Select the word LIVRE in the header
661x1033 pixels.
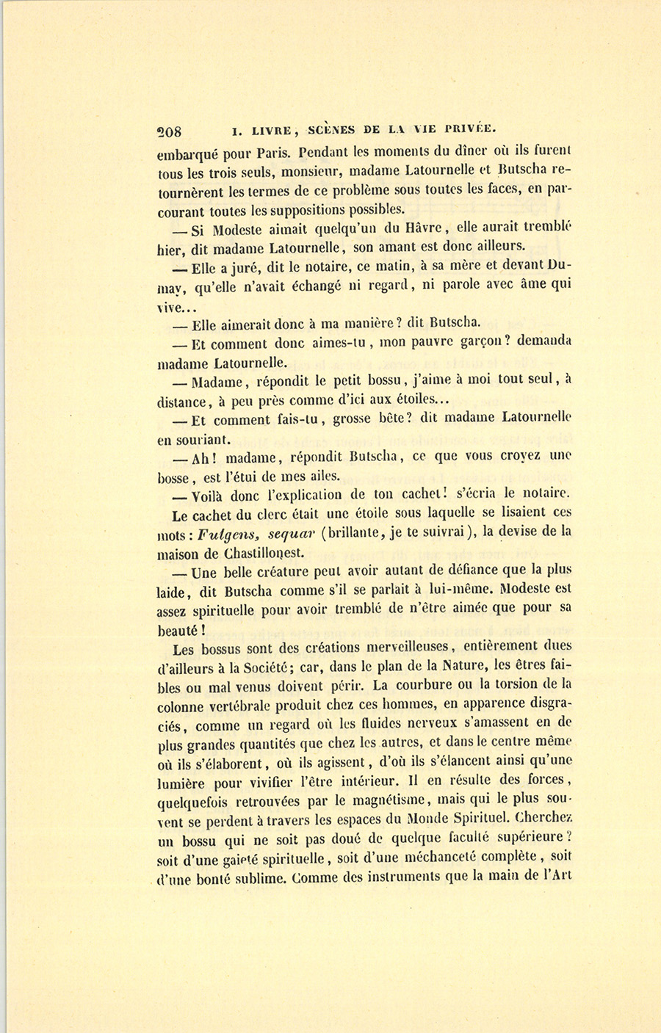[272, 131]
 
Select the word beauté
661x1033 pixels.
[177, 629]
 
